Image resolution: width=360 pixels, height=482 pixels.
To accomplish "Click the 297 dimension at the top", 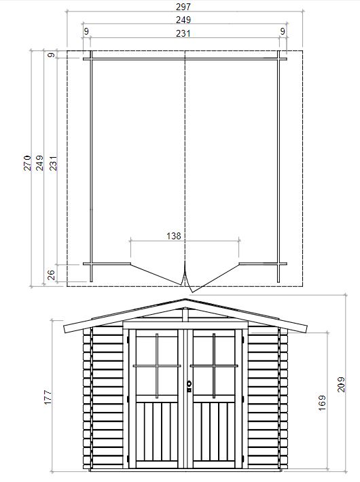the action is (x=183, y=6).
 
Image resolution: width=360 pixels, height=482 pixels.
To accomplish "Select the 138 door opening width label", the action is (x=174, y=236).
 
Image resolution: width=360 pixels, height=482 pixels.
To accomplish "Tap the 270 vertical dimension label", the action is (x=28, y=162).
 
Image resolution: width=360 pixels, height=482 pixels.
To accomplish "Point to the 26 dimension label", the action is (x=52, y=275).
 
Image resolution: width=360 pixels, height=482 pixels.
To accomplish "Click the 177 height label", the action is (x=48, y=397).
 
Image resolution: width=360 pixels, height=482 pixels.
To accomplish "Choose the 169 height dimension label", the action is (x=322, y=403).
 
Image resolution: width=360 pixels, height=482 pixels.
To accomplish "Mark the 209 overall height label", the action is (x=341, y=384).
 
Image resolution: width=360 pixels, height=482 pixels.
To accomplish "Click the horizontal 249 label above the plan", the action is (x=183, y=20).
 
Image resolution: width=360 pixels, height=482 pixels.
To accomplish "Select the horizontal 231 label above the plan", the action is (x=183, y=33).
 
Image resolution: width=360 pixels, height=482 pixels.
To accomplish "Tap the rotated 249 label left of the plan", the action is (x=39, y=162).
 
